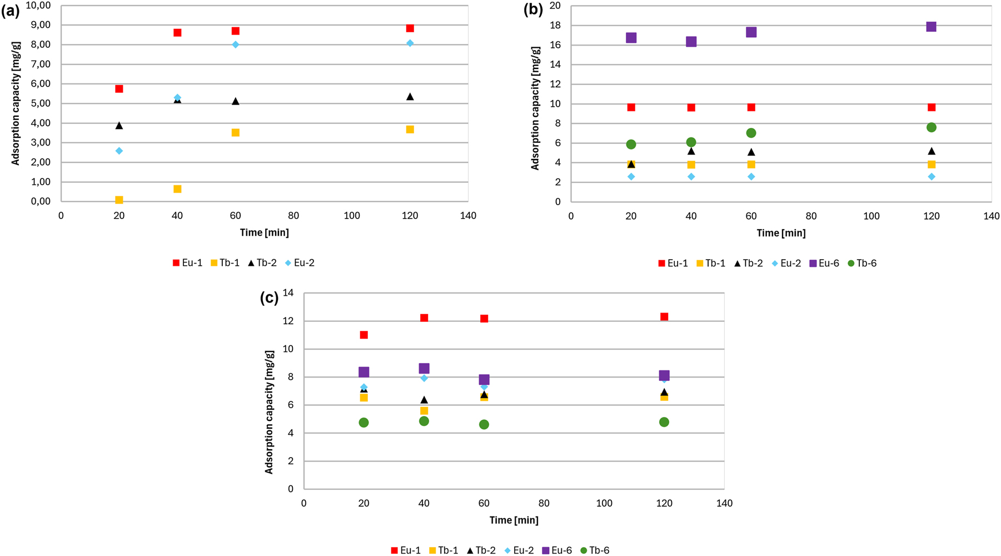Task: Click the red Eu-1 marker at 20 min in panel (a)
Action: tap(119, 89)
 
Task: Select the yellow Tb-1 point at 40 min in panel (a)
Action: tap(177, 189)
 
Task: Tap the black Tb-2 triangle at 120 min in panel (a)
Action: tap(410, 97)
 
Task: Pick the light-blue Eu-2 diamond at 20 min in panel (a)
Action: tap(119, 151)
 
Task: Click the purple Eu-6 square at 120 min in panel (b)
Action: tap(932, 27)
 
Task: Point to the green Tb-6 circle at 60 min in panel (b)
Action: tap(751, 133)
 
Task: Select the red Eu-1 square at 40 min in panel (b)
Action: tap(691, 107)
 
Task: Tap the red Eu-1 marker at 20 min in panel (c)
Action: tap(364, 335)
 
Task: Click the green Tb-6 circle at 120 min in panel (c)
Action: tap(664, 422)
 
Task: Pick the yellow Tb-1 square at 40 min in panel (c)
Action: tap(424, 411)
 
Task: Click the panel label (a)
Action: tap(11, 11)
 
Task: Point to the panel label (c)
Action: tap(270, 298)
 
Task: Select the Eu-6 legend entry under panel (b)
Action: tap(824, 263)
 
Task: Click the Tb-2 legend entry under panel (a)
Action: tap(262, 263)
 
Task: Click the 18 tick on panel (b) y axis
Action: tap(555, 26)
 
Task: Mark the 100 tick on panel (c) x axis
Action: tap(604, 503)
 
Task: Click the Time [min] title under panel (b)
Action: tap(781, 233)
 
